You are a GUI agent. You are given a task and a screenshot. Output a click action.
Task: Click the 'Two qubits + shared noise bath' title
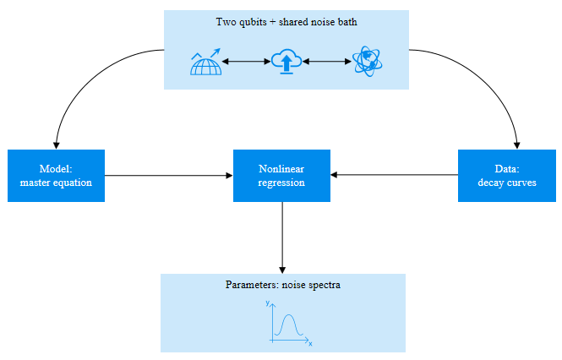click(286, 23)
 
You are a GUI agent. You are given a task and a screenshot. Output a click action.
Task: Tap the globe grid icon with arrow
click(207, 63)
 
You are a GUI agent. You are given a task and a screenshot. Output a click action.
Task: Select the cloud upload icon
click(286, 62)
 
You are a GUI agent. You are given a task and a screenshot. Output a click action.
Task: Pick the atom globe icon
click(368, 62)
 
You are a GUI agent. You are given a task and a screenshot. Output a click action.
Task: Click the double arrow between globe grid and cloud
click(247, 62)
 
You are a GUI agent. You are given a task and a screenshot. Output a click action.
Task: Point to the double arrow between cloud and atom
click(327, 62)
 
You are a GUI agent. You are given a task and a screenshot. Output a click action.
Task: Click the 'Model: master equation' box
click(56, 176)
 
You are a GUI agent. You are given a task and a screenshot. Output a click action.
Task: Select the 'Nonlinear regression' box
click(281, 176)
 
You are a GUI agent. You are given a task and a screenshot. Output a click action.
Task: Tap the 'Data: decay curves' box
click(506, 176)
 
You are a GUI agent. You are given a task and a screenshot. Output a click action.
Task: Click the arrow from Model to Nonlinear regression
click(169, 176)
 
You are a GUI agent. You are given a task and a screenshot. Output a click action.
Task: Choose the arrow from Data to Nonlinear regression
click(394, 176)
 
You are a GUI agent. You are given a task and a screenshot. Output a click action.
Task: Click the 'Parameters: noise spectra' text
click(282, 285)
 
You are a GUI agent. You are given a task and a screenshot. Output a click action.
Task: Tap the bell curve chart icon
click(287, 324)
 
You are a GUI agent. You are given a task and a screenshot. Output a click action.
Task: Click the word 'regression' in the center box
click(281, 183)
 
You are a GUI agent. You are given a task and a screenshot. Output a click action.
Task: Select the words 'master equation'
click(56, 183)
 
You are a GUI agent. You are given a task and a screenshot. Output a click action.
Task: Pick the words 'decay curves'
click(506, 183)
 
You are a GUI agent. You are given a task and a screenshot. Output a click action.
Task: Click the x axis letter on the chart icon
click(310, 344)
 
